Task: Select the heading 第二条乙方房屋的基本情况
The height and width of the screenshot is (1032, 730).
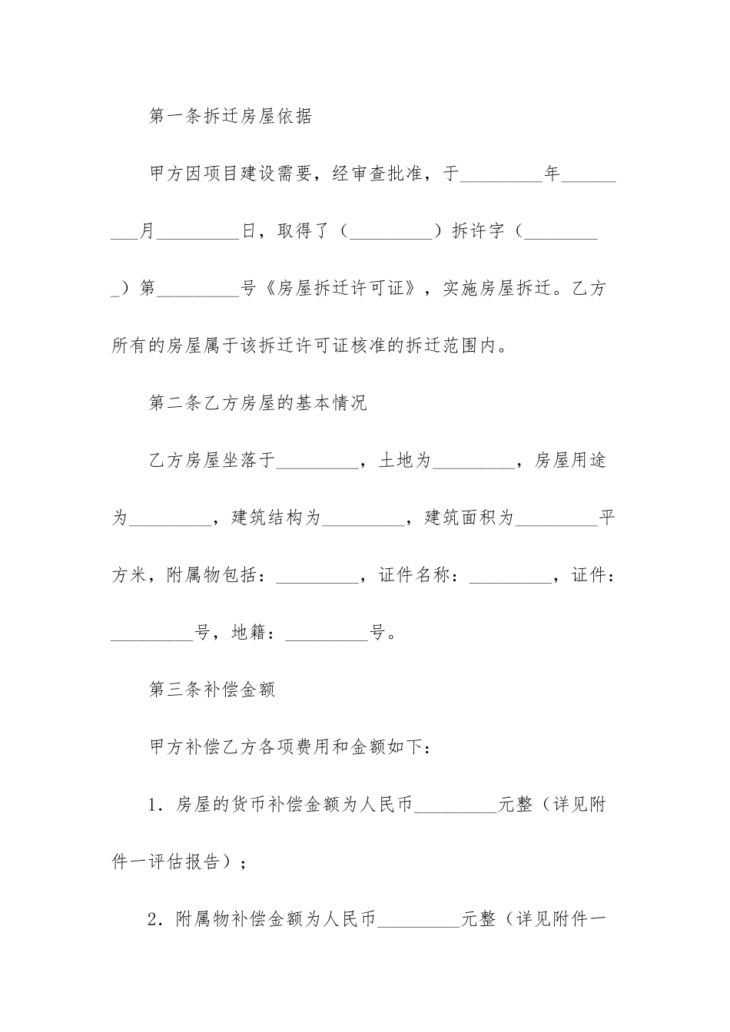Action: pos(257,403)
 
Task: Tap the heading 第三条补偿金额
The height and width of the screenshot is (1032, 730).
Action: pos(211,689)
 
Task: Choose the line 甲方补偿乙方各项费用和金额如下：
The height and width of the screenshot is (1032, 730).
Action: pos(293,746)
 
